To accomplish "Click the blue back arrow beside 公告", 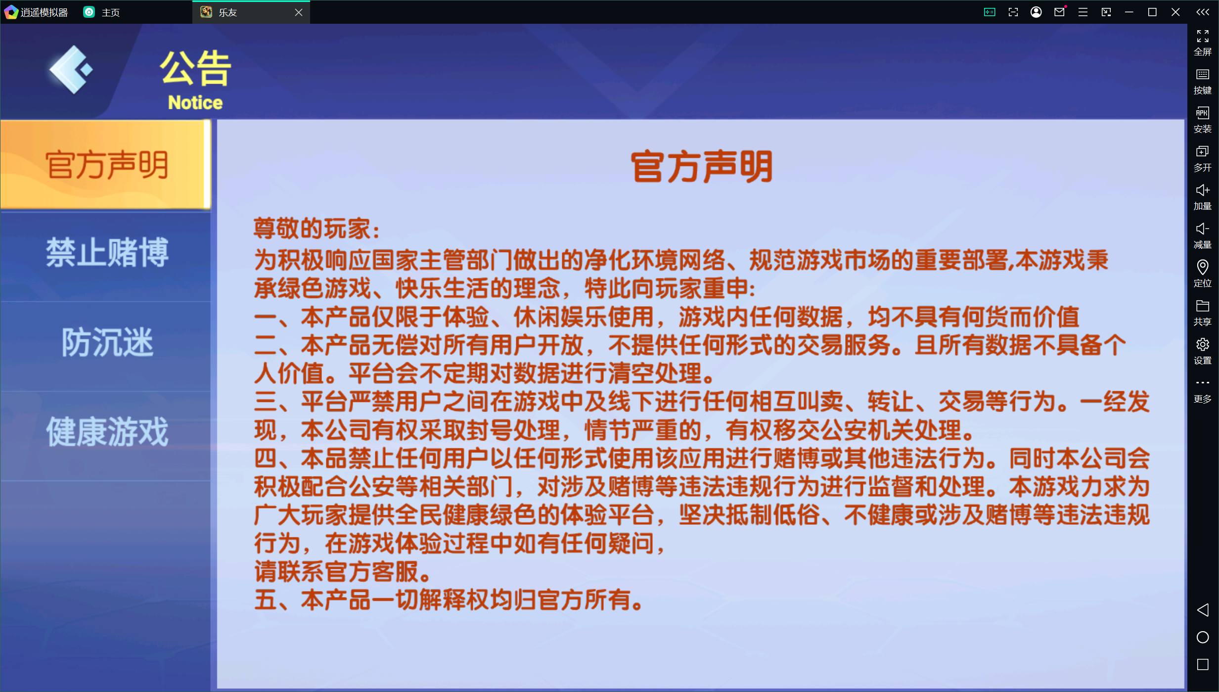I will point(71,70).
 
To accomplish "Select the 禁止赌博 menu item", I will point(107,253).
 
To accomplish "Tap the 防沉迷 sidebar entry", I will point(107,342).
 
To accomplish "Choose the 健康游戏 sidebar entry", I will point(107,432).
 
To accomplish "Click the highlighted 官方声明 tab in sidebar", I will point(106,165).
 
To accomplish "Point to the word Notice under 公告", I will point(195,102).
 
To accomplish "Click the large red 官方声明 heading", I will point(701,167).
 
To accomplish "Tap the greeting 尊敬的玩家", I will point(316,229).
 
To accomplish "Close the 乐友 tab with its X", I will point(298,12).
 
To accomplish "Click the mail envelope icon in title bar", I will point(1059,12).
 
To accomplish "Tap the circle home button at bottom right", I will point(1203,637).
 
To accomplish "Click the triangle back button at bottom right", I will point(1203,610).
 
